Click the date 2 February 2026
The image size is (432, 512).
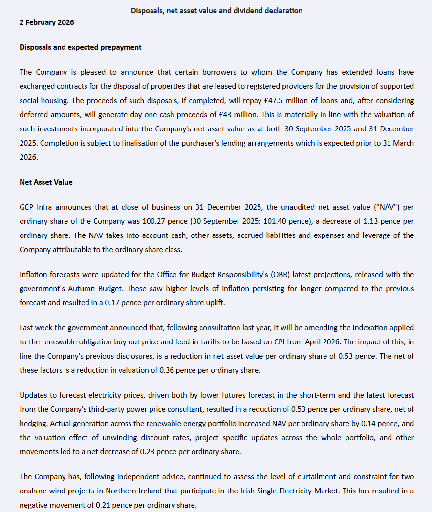tap(47, 22)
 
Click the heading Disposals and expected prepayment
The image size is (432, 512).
tap(81, 47)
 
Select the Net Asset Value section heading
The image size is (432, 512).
tap(46, 182)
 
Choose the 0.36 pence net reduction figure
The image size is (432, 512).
tap(168, 370)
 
